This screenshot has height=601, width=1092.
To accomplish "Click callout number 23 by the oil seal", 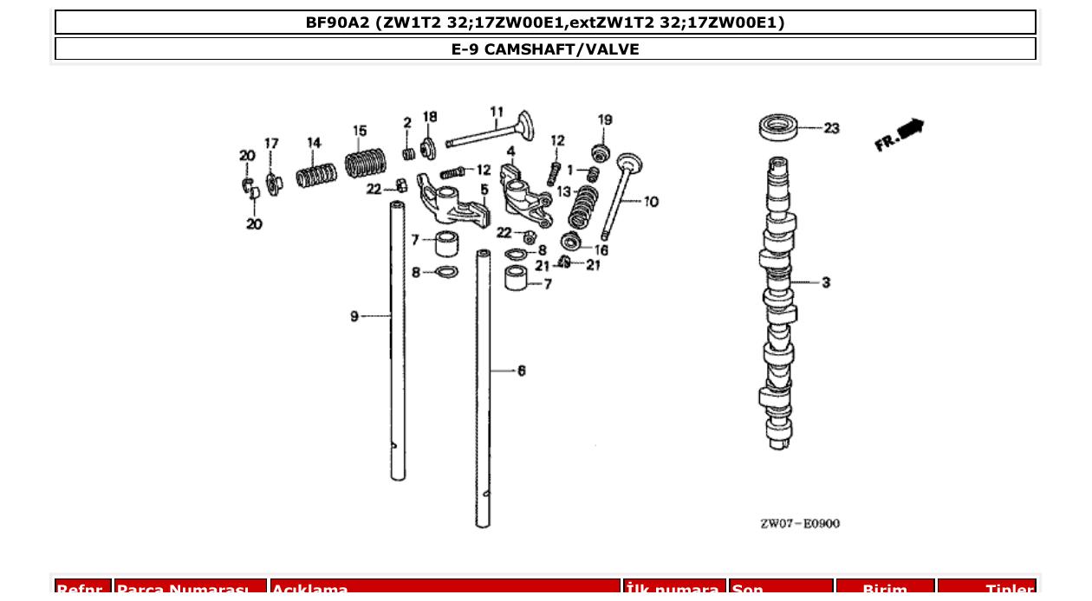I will [x=831, y=129].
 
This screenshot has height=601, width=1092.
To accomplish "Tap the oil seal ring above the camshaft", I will [x=778, y=127].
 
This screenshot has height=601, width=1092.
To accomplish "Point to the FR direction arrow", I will [x=900, y=134].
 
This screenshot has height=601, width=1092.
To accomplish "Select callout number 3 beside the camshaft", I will [x=825, y=282].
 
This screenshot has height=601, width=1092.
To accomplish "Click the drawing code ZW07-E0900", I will [x=799, y=523].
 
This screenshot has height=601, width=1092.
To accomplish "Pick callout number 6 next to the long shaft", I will [x=521, y=371].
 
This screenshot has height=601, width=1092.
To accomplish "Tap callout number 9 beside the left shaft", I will [x=354, y=317].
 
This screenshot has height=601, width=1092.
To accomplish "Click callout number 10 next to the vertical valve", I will [x=651, y=202].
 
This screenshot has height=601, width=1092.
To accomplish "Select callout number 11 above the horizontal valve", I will [x=496, y=112].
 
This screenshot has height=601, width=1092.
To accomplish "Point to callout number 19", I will [x=605, y=120].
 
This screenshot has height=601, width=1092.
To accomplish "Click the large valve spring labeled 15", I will [x=365, y=163].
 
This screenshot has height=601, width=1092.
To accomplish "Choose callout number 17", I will [x=271, y=144].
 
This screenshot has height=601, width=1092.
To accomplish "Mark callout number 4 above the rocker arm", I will [x=511, y=151].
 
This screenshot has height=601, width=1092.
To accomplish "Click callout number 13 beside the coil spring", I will [x=563, y=191].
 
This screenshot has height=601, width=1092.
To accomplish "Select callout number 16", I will [x=601, y=250].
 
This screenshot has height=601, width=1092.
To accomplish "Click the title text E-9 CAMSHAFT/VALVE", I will [x=545, y=49].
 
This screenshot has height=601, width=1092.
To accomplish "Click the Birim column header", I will [x=884, y=590].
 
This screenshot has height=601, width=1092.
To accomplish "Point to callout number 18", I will [x=430, y=117].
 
